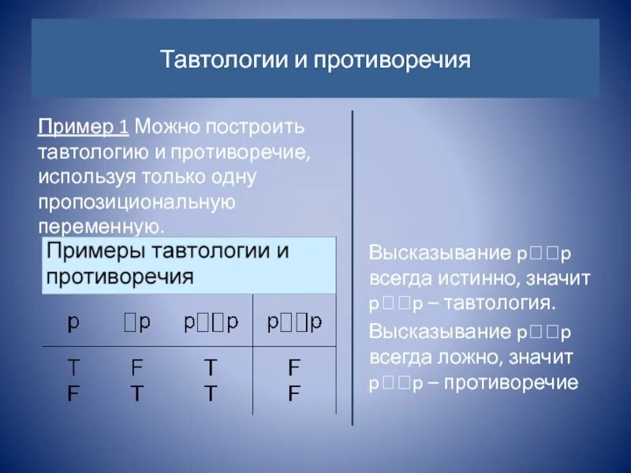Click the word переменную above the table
[x=100, y=227]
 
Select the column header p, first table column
[x=73, y=322]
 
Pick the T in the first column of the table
[x=73, y=368]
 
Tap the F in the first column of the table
[x=73, y=393]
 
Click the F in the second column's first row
[x=136, y=368]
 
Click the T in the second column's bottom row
[x=136, y=393]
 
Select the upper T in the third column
[x=210, y=368]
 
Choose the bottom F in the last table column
[x=293, y=393]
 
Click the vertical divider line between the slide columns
[x=353, y=268]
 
